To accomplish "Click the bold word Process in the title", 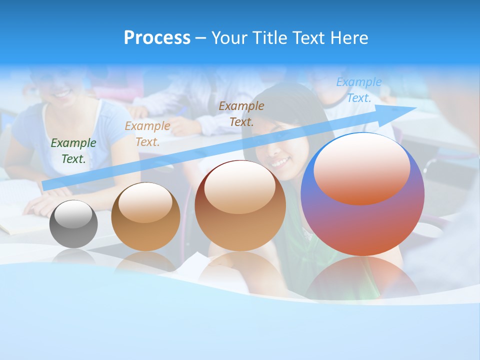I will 157,38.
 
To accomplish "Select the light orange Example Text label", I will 147,134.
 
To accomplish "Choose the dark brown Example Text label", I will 241,113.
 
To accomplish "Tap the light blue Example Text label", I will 359,90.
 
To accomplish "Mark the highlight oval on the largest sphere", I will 362,169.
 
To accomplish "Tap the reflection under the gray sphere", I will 73,256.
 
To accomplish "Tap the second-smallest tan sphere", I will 145,216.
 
